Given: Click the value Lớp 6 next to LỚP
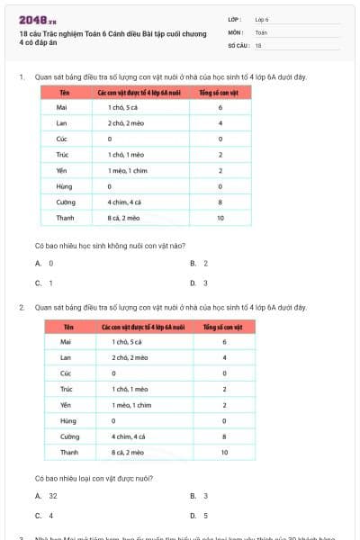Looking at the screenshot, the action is (x=262, y=19).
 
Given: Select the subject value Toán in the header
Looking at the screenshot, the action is (x=261, y=31).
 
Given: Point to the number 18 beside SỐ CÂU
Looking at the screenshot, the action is (x=258, y=44).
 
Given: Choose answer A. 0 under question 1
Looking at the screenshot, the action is (x=44, y=263).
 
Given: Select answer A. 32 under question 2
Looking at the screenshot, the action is (x=46, y=496).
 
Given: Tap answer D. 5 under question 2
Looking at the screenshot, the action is (x=199, y=516).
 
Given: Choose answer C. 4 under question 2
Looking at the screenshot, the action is (x=44, y=516).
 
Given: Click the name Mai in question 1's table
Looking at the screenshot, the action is (x=61, y=107).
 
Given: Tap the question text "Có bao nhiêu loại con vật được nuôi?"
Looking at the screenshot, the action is (x=94, y=477).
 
